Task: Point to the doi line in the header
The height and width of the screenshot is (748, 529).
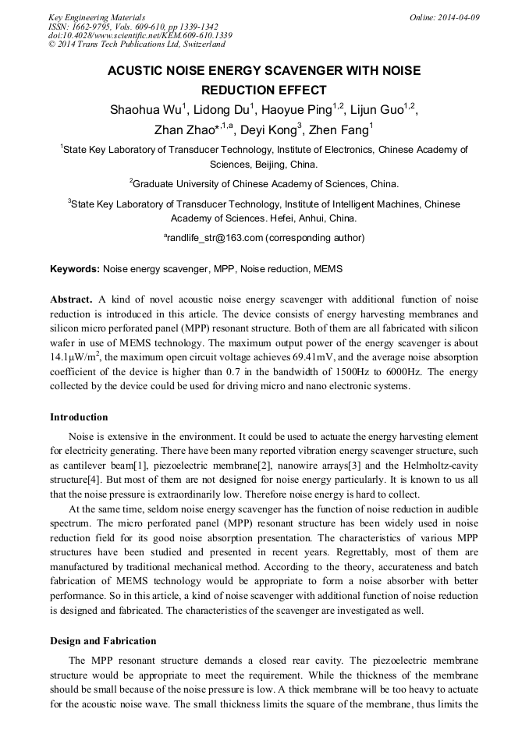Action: (x=140, y=35)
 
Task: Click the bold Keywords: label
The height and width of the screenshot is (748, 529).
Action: (x=75, y=268)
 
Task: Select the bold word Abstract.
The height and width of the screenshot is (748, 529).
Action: (x=72, y=300)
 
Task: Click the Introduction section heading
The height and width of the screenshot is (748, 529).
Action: (x=79, y=417)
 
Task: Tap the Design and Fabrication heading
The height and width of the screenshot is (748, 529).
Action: (x=103, y=640)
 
